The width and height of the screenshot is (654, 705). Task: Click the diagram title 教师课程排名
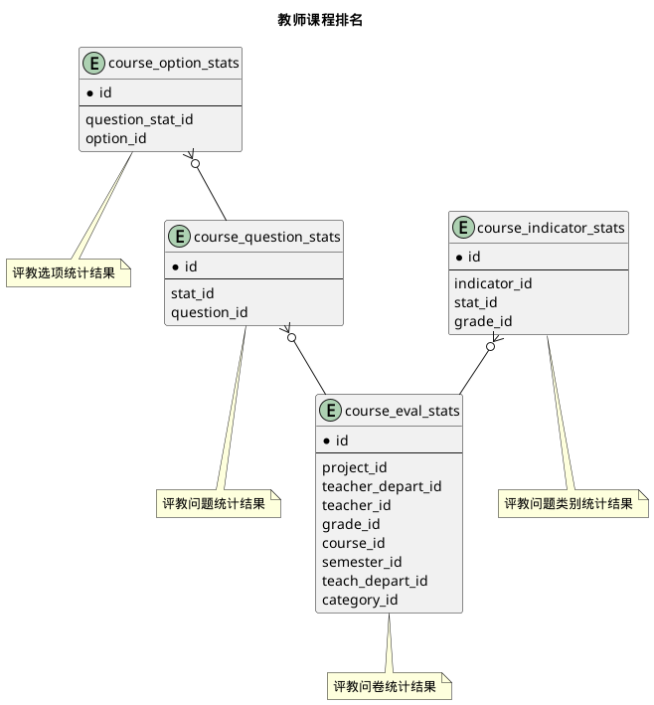[x=327, y=20]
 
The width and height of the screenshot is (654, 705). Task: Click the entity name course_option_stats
[x=173, y=65]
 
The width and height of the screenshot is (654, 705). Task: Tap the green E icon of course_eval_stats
[x=330, y=410]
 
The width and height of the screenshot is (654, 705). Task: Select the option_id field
[x=116, y=138]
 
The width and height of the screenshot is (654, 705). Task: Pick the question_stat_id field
[x=146, y=119]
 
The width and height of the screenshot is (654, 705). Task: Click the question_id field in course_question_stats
[x=210, y=312]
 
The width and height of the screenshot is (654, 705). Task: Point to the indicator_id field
[x=493, y=283]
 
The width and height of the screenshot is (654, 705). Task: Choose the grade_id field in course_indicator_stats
[x=483, y=321]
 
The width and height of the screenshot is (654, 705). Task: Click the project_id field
[x=355, y=467]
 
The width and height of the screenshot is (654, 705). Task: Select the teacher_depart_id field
[x=382, y=486]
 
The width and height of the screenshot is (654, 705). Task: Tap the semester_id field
[x=362, y=562]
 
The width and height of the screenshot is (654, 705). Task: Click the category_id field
[x=360, y=600]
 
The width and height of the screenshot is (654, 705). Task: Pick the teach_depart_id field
[x=375, y=581]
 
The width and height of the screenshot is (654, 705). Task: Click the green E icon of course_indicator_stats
[x=463, y=228]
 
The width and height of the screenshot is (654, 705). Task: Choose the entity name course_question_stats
[x=267, y=237]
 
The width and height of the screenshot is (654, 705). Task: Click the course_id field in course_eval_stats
[x=353, y=543]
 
